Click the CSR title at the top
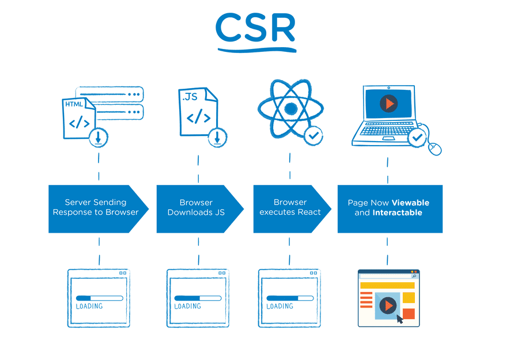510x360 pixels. tap(255, 29)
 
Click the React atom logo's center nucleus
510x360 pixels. tap(290, 108)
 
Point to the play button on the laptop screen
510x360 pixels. tap(388, 104)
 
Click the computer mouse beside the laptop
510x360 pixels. tap(435, 149)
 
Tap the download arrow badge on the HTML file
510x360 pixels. tap(99, 137)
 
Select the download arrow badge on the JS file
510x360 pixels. tap(217, 137)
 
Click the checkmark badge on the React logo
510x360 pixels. tap(313, 137)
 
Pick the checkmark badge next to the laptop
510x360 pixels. tap(417, 138)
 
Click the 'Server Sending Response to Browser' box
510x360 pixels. tap(96, 208)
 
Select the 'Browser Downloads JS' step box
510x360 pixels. tap(197, 208)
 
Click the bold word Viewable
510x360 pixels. tap(410, 203)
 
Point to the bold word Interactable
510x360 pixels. tap(397, 213)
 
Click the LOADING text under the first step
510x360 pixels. tap(89, 306)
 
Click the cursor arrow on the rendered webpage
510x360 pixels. tap(400, 319)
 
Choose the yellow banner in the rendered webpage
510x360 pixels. tap(387, 285)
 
